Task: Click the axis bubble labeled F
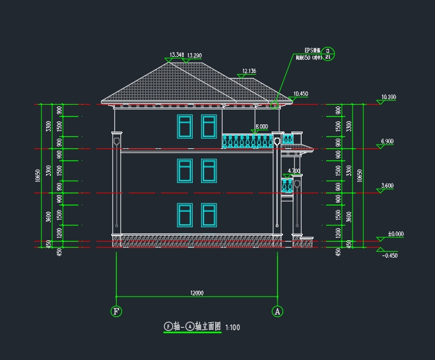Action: click(116, 311)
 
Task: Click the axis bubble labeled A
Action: click(277, 311)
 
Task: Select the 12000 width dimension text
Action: click(197, 293)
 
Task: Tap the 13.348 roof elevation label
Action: click(177, 55)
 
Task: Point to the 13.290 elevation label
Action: click(194, 56)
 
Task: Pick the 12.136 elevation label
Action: click(249, 71)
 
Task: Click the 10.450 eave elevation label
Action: click(300, 94)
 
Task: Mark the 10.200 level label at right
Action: click(388, 97)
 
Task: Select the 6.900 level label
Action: click(387, 141)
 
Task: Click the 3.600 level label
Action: click(387, 186)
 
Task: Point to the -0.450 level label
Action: click(390, 256)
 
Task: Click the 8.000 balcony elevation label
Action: click(261, 127)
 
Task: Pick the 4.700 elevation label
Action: click(293, 170)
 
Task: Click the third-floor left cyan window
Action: click(184, 126)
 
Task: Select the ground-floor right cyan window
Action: click(209, 215)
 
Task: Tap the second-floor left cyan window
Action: click(184, 171)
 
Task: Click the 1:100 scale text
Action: click(233, 327)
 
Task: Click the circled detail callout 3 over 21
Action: click(328, 54)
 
